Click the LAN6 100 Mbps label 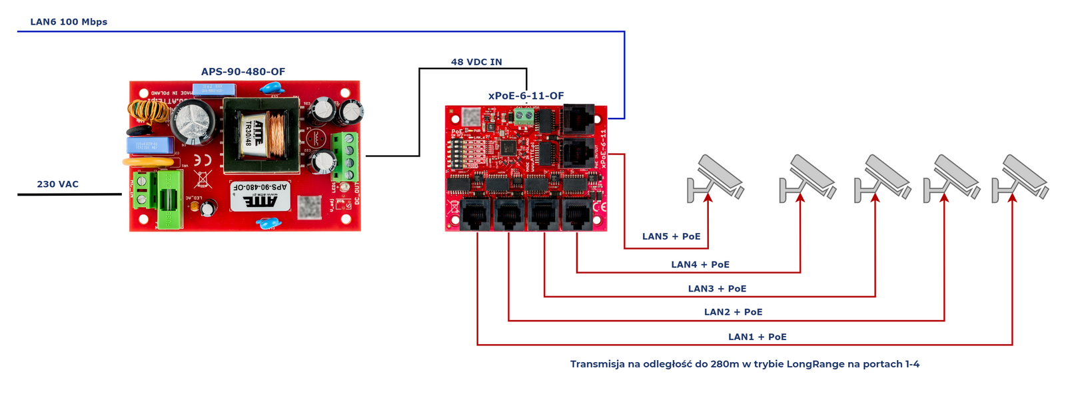(x=69, y=22)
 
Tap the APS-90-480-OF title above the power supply (x=243, y=72)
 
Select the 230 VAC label (x=58, y=184)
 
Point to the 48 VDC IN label (x=476, y=62)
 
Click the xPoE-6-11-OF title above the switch (x=526, y=96)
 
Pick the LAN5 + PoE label (x=671, y=236)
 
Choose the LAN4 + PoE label (x=700, y=264)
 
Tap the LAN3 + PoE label (x=717, y=289)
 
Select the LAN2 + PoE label (x=733, y=312)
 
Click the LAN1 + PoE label (x=757, y=337)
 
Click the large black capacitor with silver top (x=193, y=122)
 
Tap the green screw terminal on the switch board (x=524, y=118)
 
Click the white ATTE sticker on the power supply (x=261, y=196)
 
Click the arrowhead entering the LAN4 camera (x=800, y=197)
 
